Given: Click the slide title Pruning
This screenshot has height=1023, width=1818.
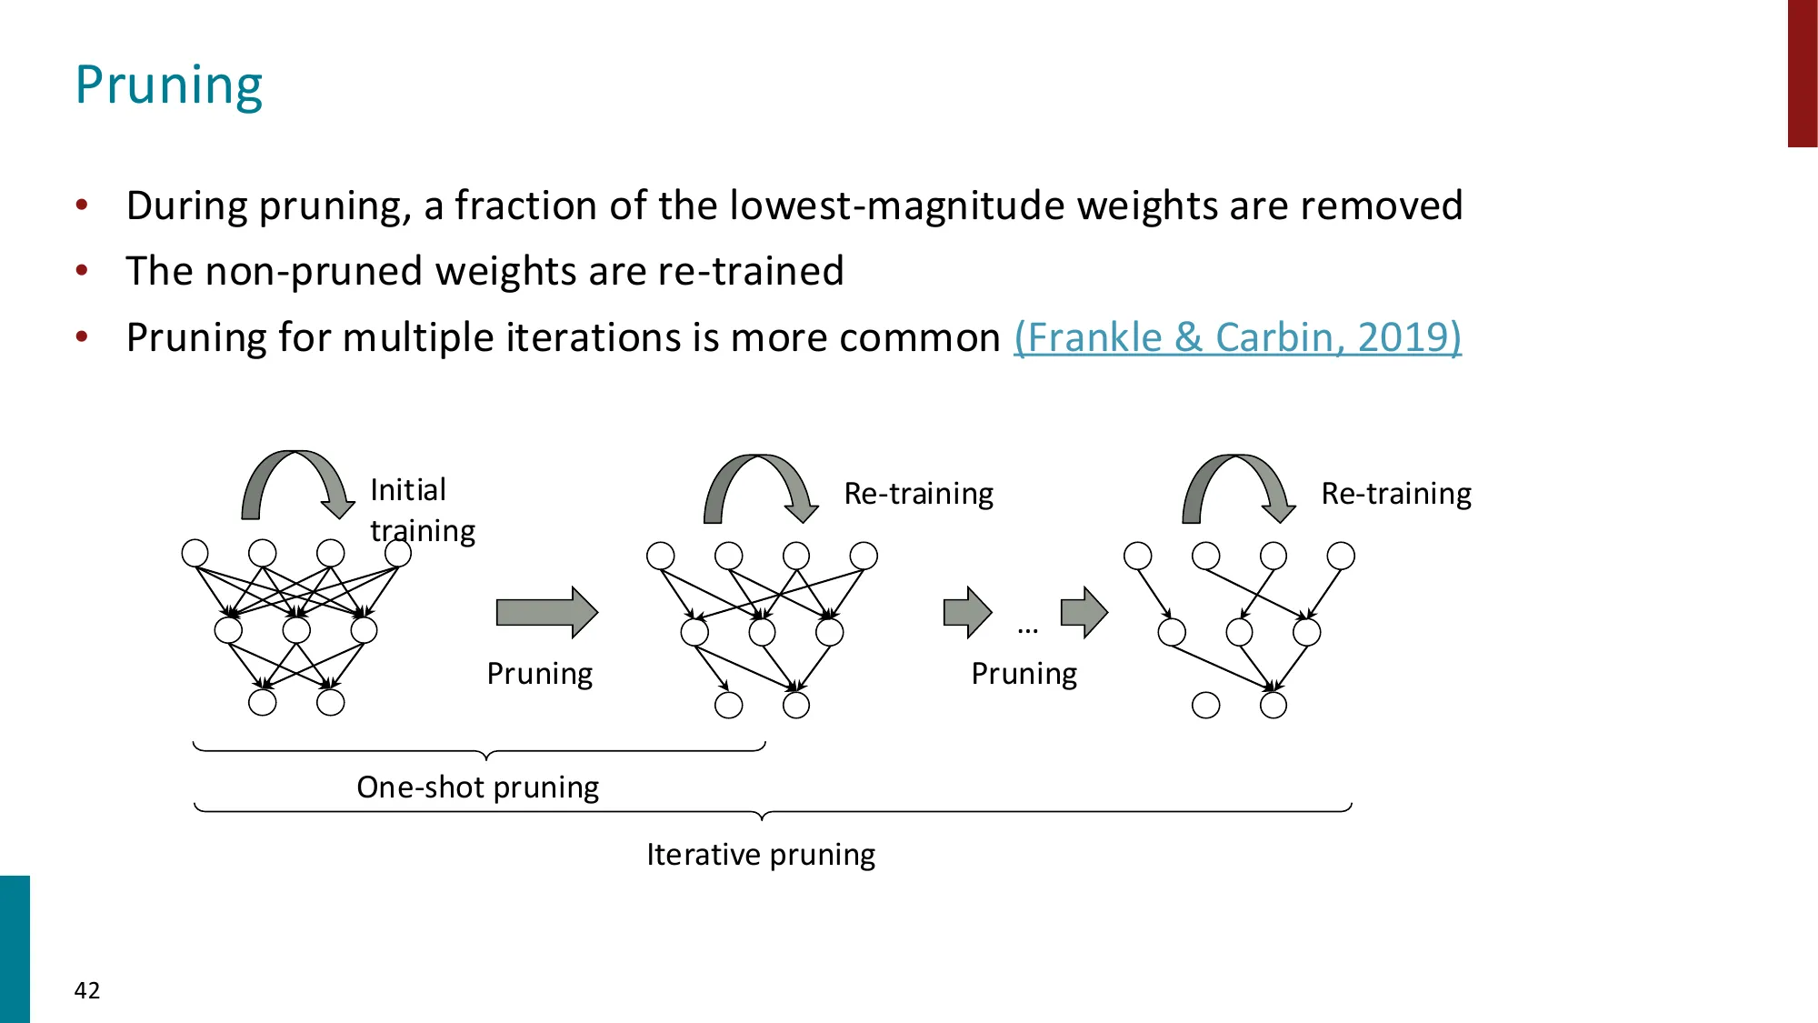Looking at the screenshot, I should (x=169, y=85).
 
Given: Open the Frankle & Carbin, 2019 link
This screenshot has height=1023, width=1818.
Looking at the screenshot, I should (x=1237, y=337).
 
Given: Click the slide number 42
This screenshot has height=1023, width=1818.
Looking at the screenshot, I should (x=87, y=990).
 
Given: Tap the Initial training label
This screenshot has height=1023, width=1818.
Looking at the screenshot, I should (x=421, y=510).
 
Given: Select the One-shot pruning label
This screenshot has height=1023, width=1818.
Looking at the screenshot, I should (x=477, y=787).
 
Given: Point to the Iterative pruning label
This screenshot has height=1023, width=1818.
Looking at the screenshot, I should (x=761, y=855).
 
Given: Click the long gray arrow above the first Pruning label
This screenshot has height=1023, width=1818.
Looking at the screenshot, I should (x=546, y=612).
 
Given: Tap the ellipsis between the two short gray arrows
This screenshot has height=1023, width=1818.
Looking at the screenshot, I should (x=1027, y=628).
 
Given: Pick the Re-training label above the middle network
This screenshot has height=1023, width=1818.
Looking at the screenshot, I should (x=918, y=494).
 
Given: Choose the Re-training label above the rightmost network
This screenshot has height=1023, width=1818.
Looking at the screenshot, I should (x=1395, y=494).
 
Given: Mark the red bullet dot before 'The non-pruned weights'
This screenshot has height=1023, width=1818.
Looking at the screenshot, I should (x=82, y=270).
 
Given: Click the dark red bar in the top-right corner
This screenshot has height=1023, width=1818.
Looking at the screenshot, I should (x=1802, y=73).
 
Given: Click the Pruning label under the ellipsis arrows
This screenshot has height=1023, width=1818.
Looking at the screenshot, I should (x=1024, y=674).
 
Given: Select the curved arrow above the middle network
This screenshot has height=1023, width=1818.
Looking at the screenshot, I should (x=760, y=487).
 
